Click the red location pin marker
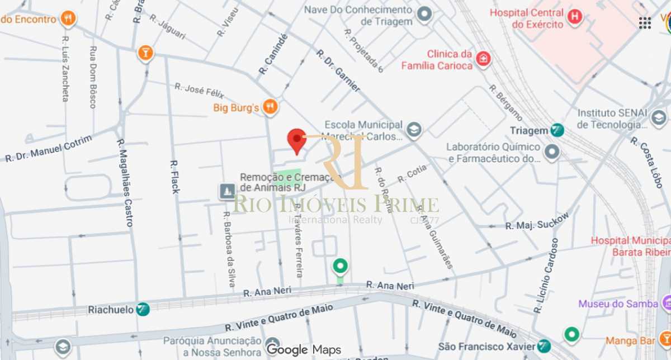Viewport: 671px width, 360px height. click(296, 140)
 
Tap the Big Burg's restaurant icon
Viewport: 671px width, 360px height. click(270, 106)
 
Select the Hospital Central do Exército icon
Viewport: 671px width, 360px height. click(574, 17)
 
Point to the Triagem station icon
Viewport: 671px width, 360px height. click(556, 130)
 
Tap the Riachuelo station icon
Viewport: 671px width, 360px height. click(143, 309)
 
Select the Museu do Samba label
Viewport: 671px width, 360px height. click(618, 304)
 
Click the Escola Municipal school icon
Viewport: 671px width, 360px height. click(414, 130)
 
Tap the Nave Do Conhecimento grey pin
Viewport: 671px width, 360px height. click(425, 15)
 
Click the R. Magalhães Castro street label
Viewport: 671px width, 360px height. click(125, 182)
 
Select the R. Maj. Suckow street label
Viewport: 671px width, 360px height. click(537, 221)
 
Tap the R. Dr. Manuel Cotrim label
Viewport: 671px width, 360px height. click(49, 148)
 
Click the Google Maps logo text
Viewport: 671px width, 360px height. click(304, 350)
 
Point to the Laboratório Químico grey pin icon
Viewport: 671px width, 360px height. click(552, 152)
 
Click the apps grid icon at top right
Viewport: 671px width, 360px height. click(645, 23)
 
